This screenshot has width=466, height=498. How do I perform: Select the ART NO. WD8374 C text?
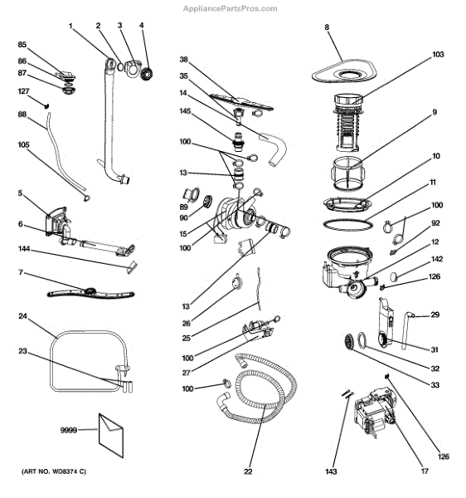49,471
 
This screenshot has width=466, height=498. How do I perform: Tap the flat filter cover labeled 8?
344,73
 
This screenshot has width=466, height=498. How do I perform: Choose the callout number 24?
23,316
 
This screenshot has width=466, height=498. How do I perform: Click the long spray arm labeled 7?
90,291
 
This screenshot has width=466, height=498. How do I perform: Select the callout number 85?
22,44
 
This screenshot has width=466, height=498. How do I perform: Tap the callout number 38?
185,60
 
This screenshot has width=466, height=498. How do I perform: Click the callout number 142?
438,260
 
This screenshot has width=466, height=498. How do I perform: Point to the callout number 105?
23,145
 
